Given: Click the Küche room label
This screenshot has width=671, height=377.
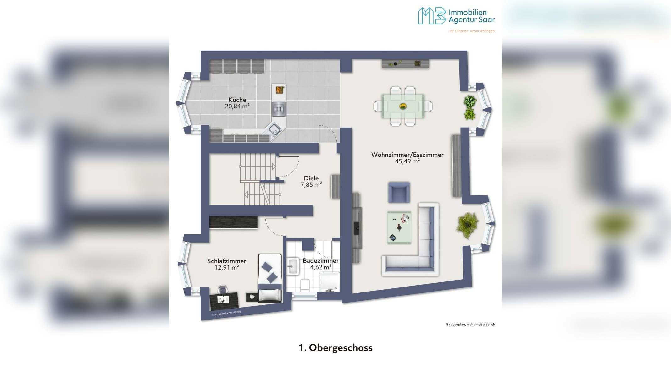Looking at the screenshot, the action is pyautogui.click(x=237, y=100).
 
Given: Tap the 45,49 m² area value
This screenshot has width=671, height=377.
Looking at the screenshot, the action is pyautogui.click(x=407, y=161).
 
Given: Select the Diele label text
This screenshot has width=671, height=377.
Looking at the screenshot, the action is pyautogui.click(x=311, y=178).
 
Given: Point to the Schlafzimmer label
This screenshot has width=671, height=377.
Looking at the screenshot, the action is pyautogui.click(x=226, y=261).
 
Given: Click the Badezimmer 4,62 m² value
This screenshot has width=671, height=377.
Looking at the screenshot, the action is pyautogui.click(x=320, y=267).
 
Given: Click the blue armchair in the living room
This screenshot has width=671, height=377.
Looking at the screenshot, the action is pyautogui.click(x=399, y=192).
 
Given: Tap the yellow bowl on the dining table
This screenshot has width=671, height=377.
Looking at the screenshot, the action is pyautogui.click(x=403, y=106).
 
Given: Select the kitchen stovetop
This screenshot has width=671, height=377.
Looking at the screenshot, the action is pyautogui.click(x=279, y=109).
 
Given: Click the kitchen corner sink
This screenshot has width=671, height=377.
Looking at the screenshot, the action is pyautogui.click(x=274, y=129).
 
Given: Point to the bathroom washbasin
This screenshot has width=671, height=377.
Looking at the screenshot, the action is pyautogui.click(x=293, y=266).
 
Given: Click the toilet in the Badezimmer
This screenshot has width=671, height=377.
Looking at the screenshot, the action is pyautogui.click(x=305, y=285).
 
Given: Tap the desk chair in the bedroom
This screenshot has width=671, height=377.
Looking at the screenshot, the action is pyautogui.click(x=223, y=289).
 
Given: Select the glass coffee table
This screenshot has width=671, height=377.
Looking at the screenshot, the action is pyautogui.click(x=399, y=227).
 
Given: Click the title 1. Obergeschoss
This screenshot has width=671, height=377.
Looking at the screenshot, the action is pyautogui.click(x=335, y=348).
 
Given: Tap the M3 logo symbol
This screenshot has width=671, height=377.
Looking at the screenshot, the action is pyautogui.click(x=432, y=15).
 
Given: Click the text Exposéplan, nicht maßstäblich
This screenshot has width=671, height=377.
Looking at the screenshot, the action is pyautogui.click(x=470, y=325).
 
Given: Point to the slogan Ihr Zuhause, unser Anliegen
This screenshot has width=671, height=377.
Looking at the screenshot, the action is pyautogui.click(x=472, y=31).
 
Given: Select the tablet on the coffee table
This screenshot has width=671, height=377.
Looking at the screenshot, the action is pyautogui.click(x=393, y=238).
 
